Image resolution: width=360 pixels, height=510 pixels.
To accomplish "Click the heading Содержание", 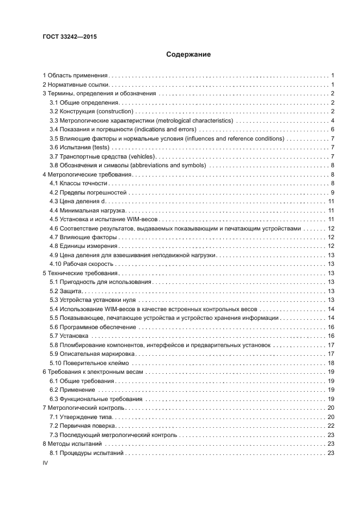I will [181, 54].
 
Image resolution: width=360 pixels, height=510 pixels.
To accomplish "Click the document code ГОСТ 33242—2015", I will [66, 37].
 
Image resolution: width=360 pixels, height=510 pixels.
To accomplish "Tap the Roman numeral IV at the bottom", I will [46, 462].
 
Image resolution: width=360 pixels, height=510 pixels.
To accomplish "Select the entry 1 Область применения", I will [76, 75].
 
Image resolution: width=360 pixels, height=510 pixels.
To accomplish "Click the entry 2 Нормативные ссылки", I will [76, 84].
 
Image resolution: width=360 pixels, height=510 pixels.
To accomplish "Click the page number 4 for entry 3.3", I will [332, 120].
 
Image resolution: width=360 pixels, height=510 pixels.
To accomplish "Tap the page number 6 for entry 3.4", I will [332, 130].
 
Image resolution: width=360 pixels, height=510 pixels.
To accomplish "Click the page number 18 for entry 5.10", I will [330, 363].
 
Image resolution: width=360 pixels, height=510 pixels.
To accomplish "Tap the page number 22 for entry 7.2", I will [330, 426].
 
